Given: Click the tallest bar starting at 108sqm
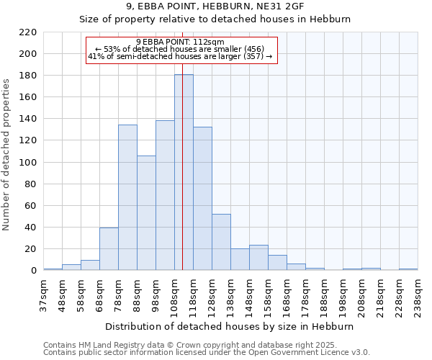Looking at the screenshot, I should pos(184,173).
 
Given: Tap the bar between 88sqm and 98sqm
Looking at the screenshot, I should pos(146,213).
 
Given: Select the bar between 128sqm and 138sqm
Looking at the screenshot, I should pos(221,242).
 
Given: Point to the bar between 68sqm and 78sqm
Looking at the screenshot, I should pos(109,249).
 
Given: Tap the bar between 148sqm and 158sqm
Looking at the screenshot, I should pos(258,258).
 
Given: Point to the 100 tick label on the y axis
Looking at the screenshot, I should pos(28,163).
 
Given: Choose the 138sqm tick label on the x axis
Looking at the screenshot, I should pos(230,295).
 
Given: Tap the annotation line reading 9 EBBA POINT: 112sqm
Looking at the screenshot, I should pos(180,42).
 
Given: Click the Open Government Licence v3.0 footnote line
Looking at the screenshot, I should pos(207,352).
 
